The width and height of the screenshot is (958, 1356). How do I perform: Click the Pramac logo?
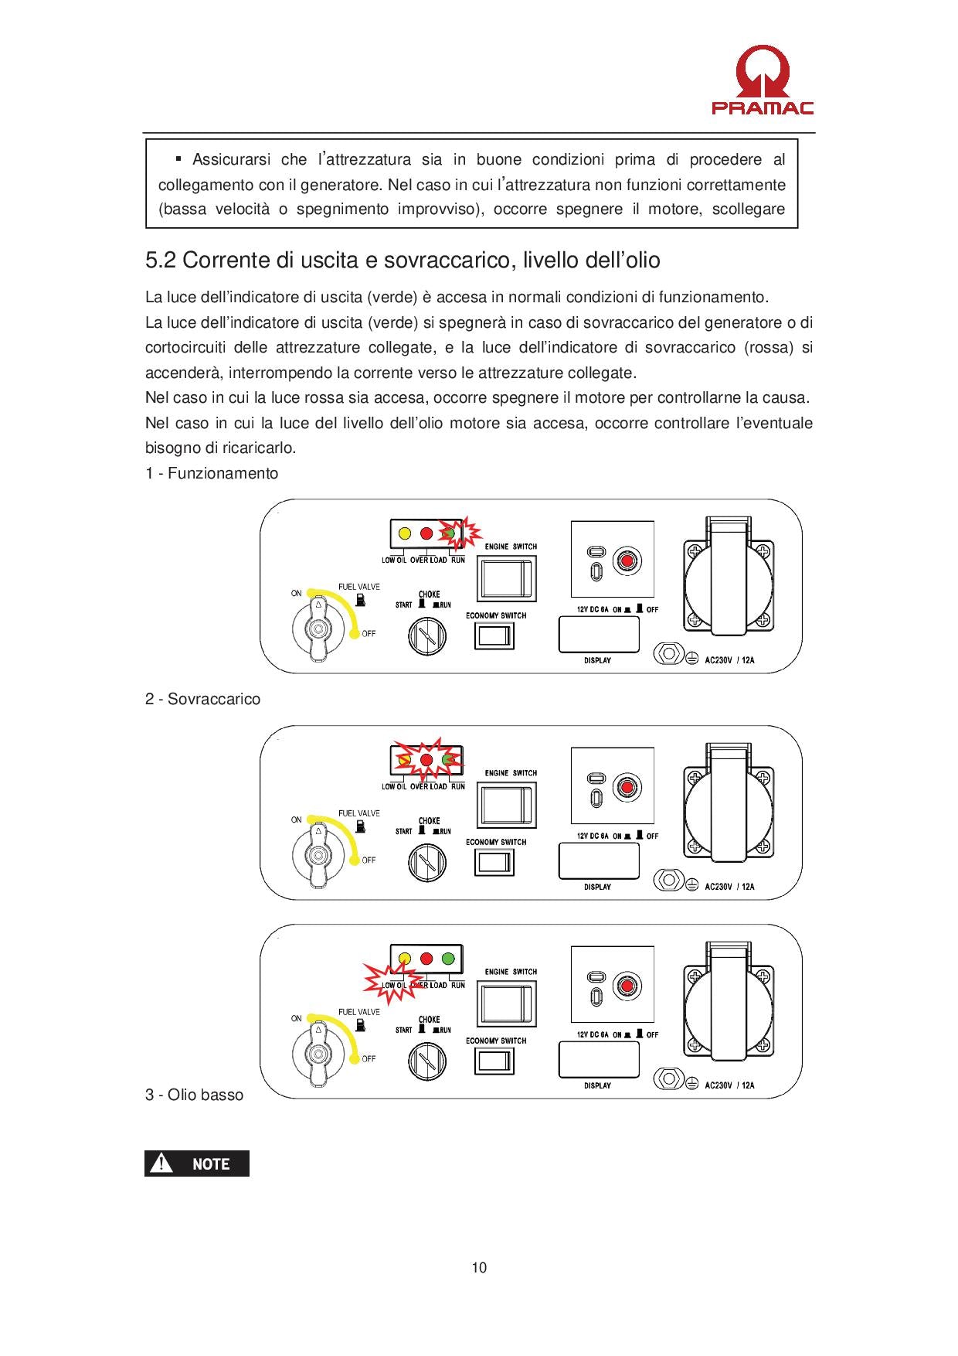coord(762,80)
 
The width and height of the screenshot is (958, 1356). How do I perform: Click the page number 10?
coord(479,1267)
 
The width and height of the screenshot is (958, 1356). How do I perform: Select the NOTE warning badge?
coord(197,1164)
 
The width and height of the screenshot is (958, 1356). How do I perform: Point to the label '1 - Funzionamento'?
coord(212,473)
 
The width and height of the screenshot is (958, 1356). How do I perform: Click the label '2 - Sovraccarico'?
coord(203,699)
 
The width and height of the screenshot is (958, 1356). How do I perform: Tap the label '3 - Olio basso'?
coord(195,1095)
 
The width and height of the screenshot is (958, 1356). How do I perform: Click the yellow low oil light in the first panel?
coord(404,533)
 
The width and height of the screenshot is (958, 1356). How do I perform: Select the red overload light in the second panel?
coord(426,759)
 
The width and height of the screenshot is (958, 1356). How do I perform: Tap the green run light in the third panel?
coord(447,959)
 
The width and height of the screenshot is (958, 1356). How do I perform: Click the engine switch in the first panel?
coord(507,577)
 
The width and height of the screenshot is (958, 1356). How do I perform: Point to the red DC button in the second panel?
coord(627,787)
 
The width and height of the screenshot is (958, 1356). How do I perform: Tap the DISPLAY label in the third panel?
coord(598,1085)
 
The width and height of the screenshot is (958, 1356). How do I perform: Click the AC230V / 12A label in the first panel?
coord(729,660)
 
